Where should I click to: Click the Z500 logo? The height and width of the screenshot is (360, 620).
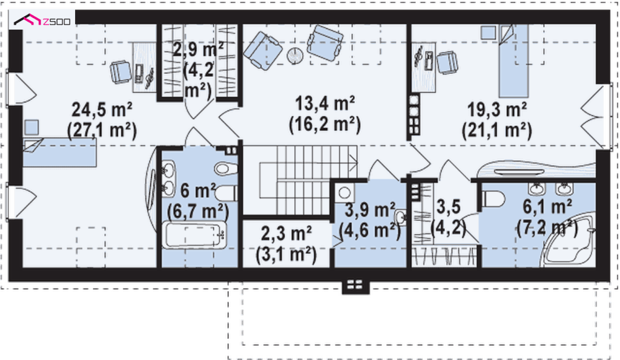pyautogui.click(x=42, y=20)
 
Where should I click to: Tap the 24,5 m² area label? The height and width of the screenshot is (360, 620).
pyautogui.click(x=102, y=110)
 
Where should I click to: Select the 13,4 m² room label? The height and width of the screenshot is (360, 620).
pyautogui.click(x=325, y=103)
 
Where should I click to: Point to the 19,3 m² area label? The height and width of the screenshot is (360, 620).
pyautogui.click(x=497, y=110)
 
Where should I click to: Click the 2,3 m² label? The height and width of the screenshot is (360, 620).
pyautogui.click(x=286, y=234)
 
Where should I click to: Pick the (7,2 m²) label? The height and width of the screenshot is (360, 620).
pyautogui.click(x=547, y=229)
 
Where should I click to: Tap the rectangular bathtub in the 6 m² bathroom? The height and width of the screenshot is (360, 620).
pyautogui.click(x=194, y=235)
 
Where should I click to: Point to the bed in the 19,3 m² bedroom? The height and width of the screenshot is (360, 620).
pyautogui.click(x=513, y=61)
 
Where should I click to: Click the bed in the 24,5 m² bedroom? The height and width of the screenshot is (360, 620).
pyautogui.click(x=59, y=152)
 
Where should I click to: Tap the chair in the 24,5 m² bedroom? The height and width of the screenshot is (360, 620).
pyautogui.click(x=120, y=71)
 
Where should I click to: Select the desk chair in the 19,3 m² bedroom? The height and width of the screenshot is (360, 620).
pyautogui.click(x=447, y=62)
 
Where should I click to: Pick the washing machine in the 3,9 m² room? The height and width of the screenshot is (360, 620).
pyautogui.click(x=344, y=193)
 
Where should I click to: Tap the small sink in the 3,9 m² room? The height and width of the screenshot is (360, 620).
pyautogui.click(x=400, y=217)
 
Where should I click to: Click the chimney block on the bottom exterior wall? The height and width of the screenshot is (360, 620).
pyautogui.click(x=355, y=286)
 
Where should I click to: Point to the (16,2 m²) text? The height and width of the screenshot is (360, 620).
pyautogui.click(x=325, y=125)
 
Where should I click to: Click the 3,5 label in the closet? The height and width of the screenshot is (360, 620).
pyautogui.click(x=449, y=207)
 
